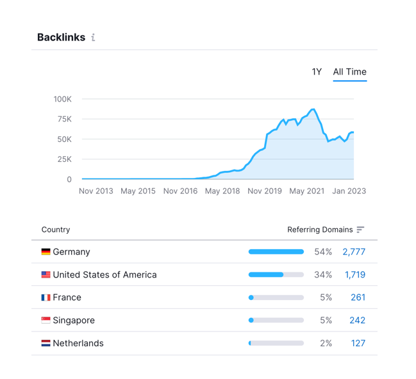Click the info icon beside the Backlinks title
pyautogui.click(x=93, y=38)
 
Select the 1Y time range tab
pyautogui.click(x=317, y=72)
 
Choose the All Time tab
pyautogui.click(x=349, y=72)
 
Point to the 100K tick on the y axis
pyautogui.click(x=62, y=99)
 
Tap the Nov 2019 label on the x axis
pyautogui.click(x=265, y=191)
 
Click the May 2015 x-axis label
pyautogui.click(x=138, y=191)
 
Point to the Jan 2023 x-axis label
pyautogui.click(x=349, y=191)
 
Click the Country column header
pyautogui.click(x=56, y=229)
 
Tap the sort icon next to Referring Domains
pyautogui.click(x=360, y=229)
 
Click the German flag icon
pyautogui.click(x=46, y=252)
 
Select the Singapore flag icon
pyautogui.click(x=46, y=321)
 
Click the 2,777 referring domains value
pyautogui.click(x=354, y=252)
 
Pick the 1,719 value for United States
pyautogui.click(x=355, y=275)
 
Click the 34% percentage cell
pyautogui.click(x=323, y=275)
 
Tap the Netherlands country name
pyautogui.click(x=78, y=344)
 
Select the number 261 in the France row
pyautogui.click(x=358, y=297)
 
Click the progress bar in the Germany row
pyautogui.click(x=276, y=252)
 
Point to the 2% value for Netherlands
pyautogui.click(x=326, y=344)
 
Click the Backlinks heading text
pyautogui.click(x=61, y=37)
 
